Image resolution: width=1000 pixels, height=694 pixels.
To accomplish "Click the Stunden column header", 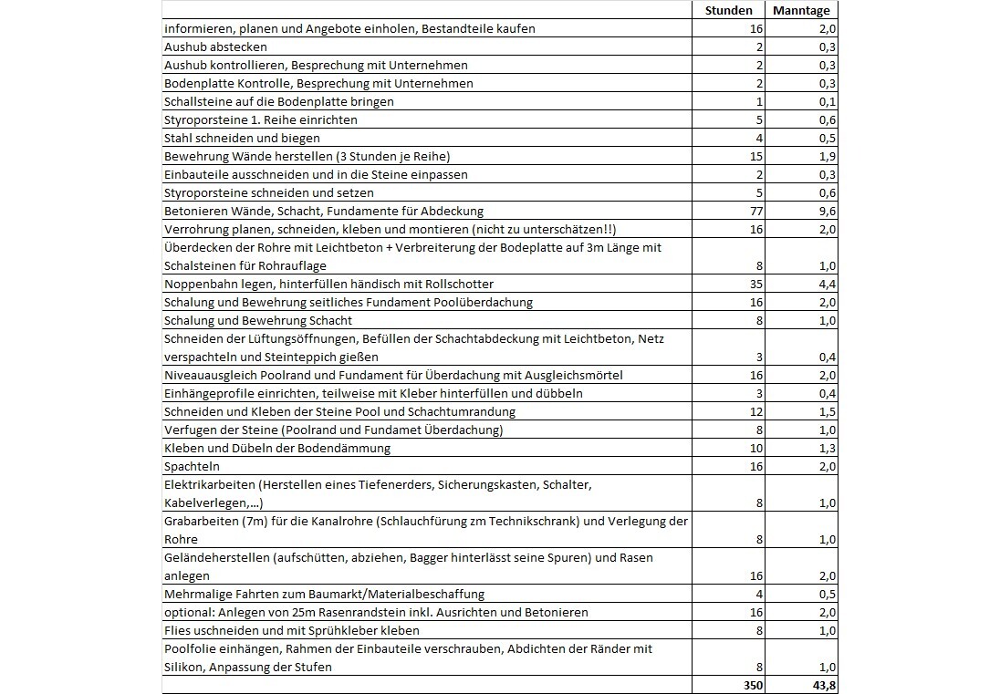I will click(x=729, y=10).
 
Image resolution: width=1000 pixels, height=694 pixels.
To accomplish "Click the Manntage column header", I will click(x=800, y=10).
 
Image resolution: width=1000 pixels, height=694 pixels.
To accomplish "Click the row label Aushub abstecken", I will click(x=215, y=47).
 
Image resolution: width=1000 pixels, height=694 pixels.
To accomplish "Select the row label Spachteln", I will click(x=192, y=466).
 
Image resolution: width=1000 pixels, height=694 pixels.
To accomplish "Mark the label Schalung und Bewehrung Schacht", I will click(x=258, y=320).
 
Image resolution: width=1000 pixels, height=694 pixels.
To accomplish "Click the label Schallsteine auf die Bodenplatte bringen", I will click(x=279, y=101).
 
